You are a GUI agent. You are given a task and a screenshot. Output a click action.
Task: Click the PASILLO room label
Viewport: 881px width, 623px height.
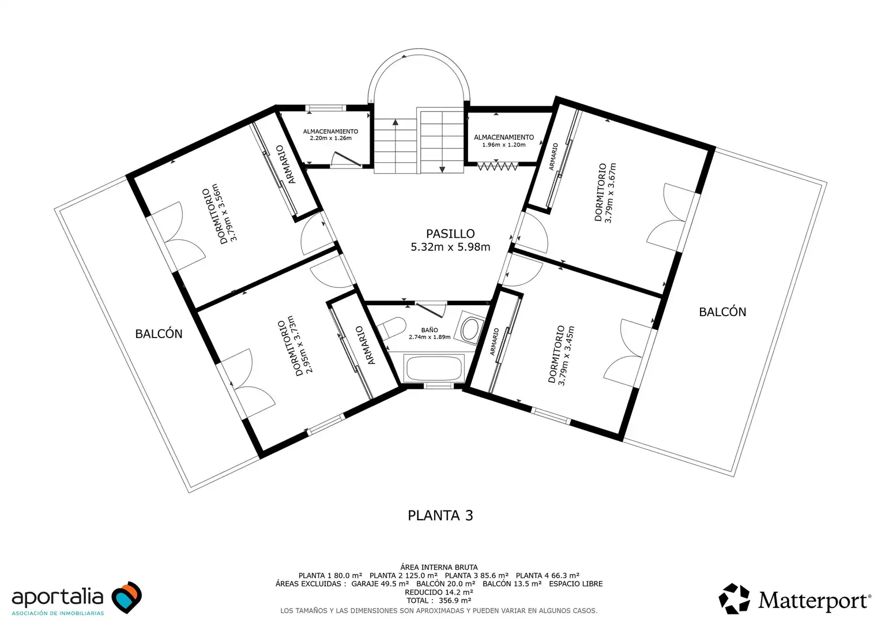click(450, 234)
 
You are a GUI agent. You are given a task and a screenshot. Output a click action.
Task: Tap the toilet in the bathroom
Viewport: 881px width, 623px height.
click(391, 328)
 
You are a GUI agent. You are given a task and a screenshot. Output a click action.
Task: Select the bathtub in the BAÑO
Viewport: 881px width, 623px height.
click(434, 368)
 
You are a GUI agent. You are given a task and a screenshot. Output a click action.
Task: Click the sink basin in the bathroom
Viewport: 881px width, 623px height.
click(469, 329)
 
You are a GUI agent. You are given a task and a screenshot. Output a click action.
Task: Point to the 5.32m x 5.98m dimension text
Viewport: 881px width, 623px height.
click(450, 247)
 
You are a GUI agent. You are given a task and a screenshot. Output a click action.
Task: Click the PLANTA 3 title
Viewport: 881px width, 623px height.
click(440, 515)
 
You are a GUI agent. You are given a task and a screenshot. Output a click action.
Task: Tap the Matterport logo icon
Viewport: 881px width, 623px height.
click(734, 599)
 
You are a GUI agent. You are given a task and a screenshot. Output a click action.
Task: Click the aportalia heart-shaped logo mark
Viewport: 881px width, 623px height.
click(127, 597)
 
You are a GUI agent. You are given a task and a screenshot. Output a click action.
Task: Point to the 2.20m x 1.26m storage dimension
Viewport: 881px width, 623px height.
click(330, 138)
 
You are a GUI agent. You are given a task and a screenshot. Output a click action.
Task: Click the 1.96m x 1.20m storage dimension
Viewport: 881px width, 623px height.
click(504, 144)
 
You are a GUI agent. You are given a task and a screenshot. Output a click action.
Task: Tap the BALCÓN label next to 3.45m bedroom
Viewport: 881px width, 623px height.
click(722, 311)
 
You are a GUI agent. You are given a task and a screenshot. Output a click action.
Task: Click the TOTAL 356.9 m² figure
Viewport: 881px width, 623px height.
click(439, 601)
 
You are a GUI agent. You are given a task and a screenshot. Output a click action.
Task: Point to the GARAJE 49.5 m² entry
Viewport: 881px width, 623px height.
click(380, 584)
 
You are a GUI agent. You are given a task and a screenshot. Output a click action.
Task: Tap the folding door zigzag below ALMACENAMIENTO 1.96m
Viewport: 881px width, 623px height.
click(498, 167)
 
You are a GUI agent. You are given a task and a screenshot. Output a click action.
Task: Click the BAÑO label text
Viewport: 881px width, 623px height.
click(429, 330)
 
